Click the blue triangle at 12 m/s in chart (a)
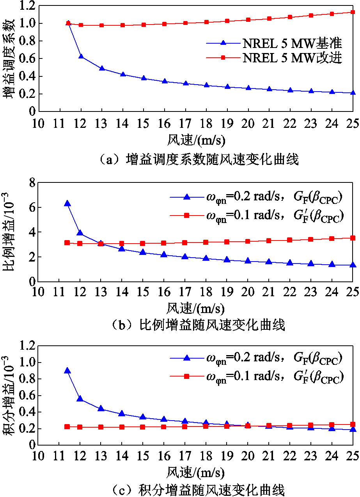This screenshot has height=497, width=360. click(81, 56)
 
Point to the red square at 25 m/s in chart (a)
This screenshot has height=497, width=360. click(353, 12)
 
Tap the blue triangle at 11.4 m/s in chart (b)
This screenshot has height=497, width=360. click(67, 203)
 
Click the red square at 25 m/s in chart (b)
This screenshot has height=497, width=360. click(353, 238)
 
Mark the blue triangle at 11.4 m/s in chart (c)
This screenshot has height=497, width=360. click(67, 370)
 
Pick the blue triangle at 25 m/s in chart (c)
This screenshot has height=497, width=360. click(353, 429)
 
